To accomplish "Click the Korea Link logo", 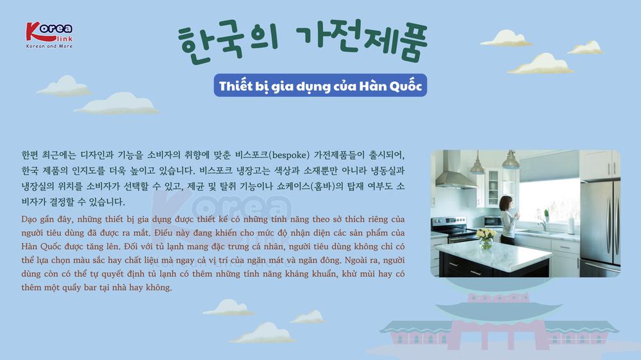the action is [x=49, y=35].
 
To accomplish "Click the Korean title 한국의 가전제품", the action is [x=303, y=42].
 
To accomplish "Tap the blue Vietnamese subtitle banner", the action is [x=320, y=85].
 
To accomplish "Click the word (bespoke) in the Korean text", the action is [x=290, y=155].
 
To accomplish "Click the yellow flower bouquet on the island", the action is [x=486, y=238].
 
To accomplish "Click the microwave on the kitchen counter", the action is [x=492, y=221].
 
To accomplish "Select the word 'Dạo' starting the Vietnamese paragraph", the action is [x=29, y=220].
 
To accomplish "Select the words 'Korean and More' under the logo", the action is [x=49, y=46].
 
